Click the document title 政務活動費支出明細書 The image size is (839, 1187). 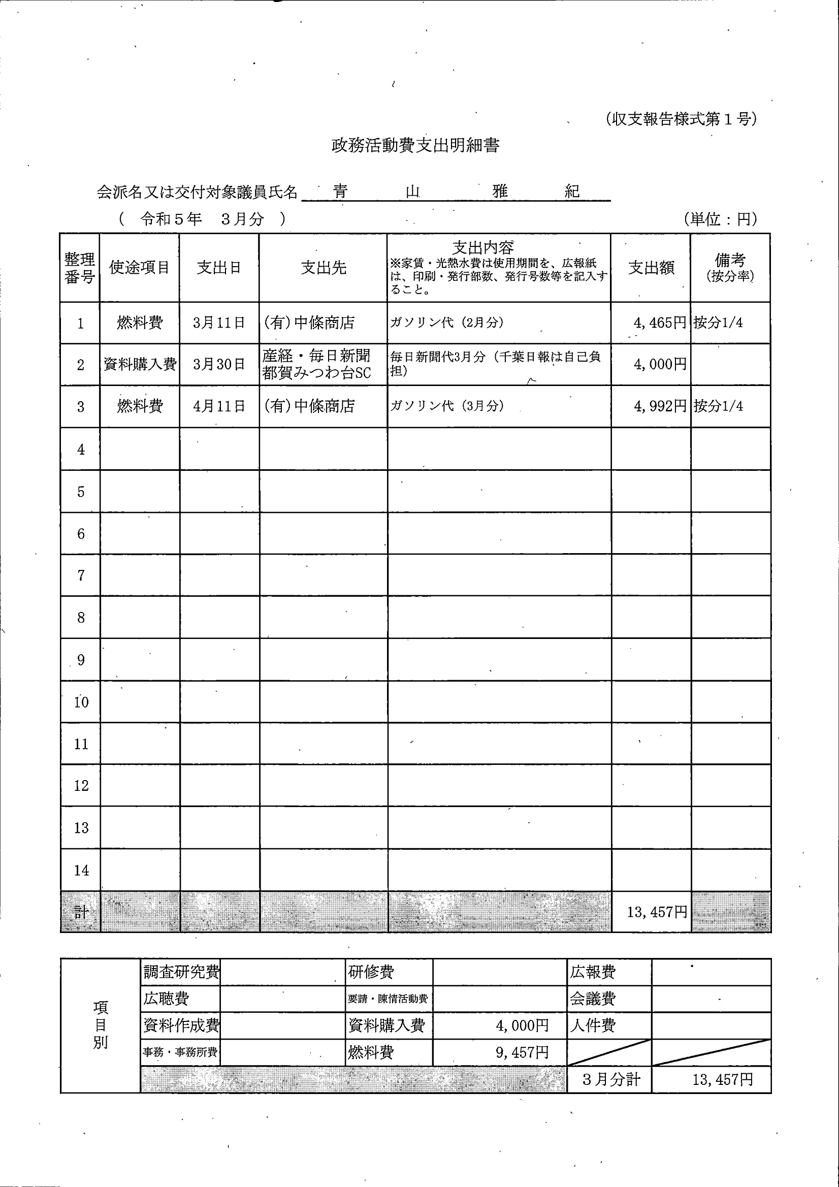point(415,146)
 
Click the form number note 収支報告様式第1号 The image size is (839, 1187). point(681,119)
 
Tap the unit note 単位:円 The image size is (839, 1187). point(721,219)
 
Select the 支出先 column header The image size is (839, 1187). point(324,268)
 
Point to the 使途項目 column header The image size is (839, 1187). point(140,268)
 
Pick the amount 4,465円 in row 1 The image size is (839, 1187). point(660,323)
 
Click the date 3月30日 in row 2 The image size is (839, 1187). point(219,365)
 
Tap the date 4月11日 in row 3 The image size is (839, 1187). point(219,406)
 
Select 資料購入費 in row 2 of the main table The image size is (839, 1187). point(140,365)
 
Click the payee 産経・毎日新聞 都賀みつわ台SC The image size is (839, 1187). point(316,365)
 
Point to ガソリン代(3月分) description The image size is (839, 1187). point(447,406)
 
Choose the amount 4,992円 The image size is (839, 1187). point(660,406)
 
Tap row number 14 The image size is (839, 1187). point(81,871)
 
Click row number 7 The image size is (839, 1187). point(81,575)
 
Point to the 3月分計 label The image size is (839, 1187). point(611,1079)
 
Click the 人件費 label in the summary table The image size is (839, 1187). point(592,1025)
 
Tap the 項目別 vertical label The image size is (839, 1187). point(100,1025)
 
